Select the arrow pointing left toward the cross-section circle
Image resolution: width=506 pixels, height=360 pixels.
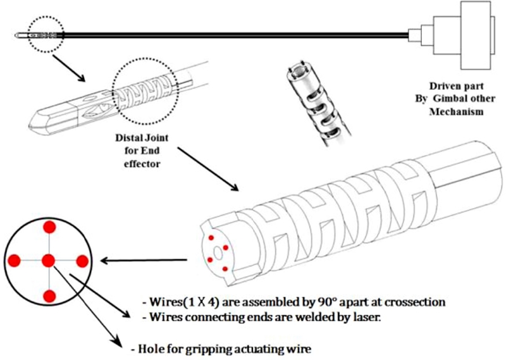click(x=145, y=259)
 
